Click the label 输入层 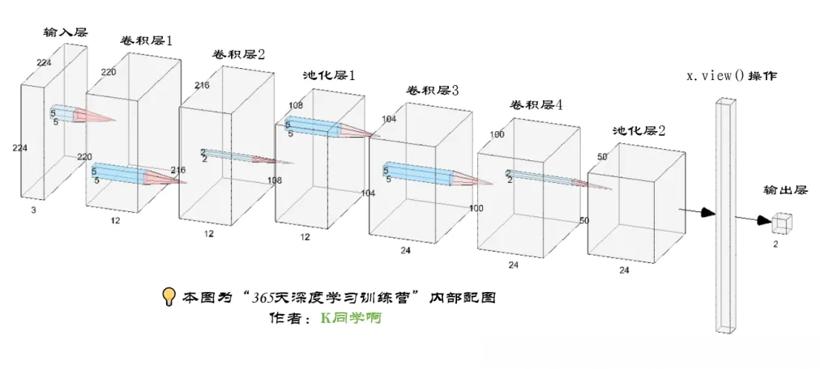66,32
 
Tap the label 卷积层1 147,40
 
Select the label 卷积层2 239,54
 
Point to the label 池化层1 329,75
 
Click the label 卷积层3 433,91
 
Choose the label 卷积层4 536,105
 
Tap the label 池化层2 639,130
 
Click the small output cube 783,221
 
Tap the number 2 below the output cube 775,242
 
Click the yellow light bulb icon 169,297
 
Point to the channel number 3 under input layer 33,210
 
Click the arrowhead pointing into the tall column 708,212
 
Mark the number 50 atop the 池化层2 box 602,156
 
